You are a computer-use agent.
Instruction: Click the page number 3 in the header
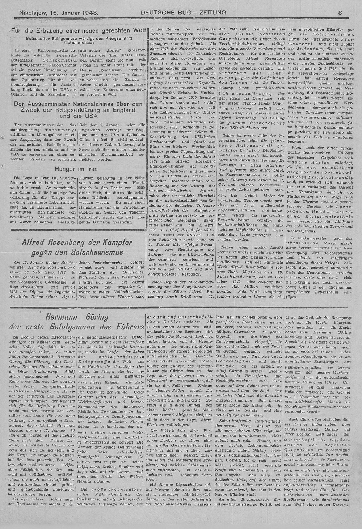(340, 13)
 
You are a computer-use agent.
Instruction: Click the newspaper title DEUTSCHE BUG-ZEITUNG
(184, 13)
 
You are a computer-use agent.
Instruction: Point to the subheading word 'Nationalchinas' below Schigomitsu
(76, 42)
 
